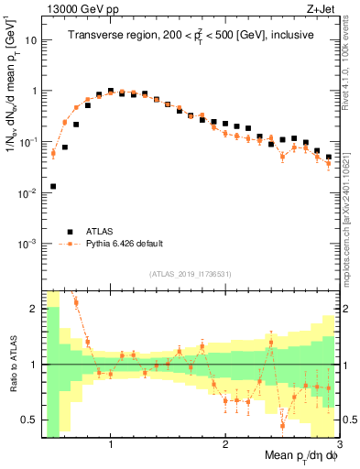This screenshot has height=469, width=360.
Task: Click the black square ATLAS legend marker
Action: click(x=70, y=231)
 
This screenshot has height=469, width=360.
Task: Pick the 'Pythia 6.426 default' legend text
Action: click(x=125, y=244)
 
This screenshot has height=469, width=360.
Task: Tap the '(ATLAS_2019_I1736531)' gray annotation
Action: click(x=191, y=274)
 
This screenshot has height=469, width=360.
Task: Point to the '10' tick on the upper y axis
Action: click(x=30, y=40)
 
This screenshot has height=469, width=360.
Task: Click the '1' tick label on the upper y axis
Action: click(x=34, y=92)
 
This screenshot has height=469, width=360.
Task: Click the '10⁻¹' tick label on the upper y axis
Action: click(x=28, y=142)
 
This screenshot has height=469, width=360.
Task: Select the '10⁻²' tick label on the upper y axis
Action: click(x=28, y=193)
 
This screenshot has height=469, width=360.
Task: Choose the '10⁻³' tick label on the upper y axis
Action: click(x=28, y=244)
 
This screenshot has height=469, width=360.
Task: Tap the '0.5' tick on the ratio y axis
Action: click(x=30, y=420)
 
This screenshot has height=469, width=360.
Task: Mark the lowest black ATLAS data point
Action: click(x=52, y=186)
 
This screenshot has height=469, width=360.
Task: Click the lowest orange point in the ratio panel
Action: click(x=282, y=425)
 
